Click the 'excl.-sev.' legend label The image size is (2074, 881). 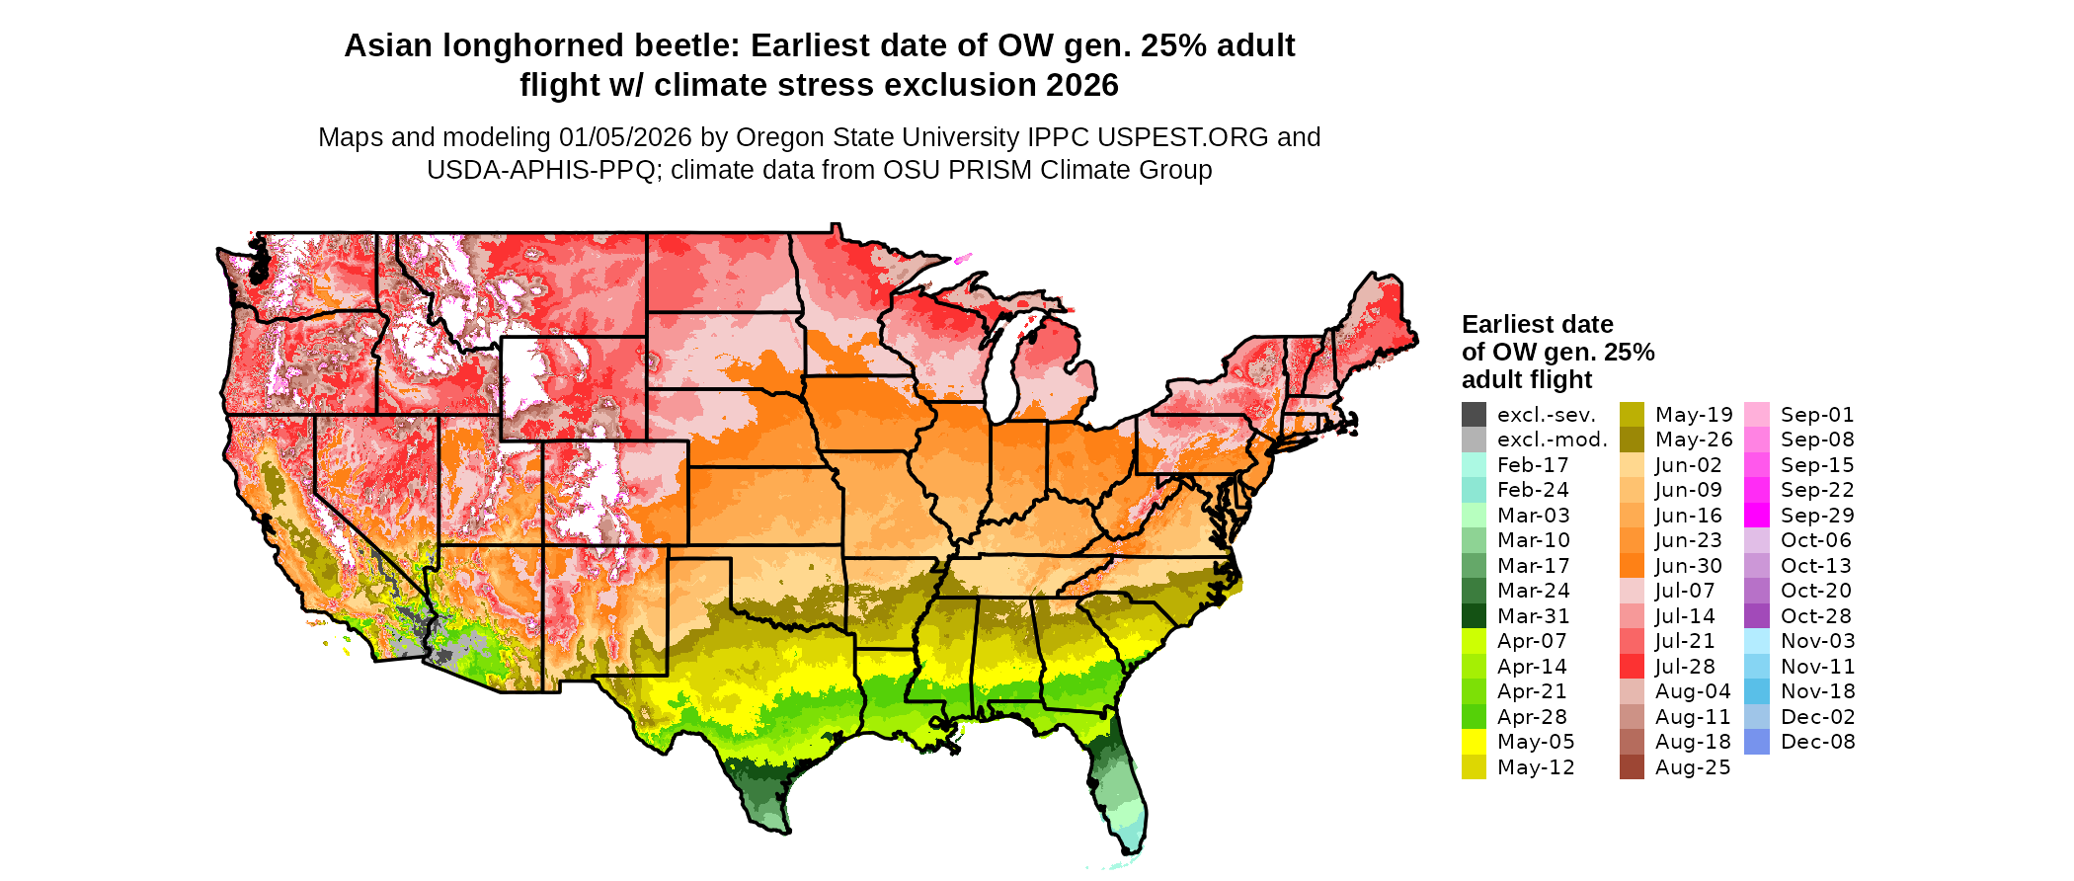click(x=1547, y=415)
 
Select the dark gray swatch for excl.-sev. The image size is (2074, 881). click(x=1474, y=415)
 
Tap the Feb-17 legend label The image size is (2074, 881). click(x=1533, y=465)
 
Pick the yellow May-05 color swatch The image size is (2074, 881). click(x=1474, y=742)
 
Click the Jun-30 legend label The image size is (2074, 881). click(x=1689, y=566)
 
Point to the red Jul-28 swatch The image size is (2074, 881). click(x=1632, y=667)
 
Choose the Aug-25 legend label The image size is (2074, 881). click(x=1693, y=767)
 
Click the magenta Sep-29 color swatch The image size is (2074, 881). click(x=1757, y=516)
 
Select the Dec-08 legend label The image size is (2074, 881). click(x=1818, y=742)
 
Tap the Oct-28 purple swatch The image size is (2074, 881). click(x=1757, y=616)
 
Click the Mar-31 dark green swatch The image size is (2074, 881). click(x=1474, y=616)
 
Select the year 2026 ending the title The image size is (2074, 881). click(x=1082, y=85)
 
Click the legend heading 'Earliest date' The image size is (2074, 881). click(x=1537, y=324)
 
